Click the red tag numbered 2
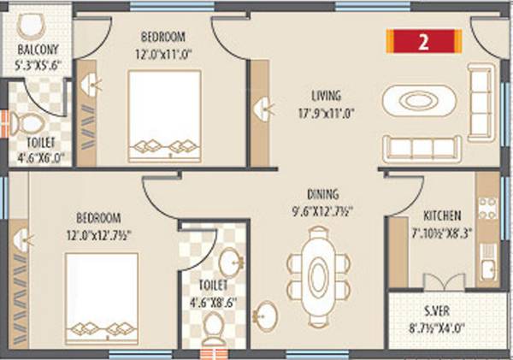pos(424,40)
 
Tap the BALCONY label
pos(35,49)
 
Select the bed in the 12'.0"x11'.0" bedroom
pos(164,115)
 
